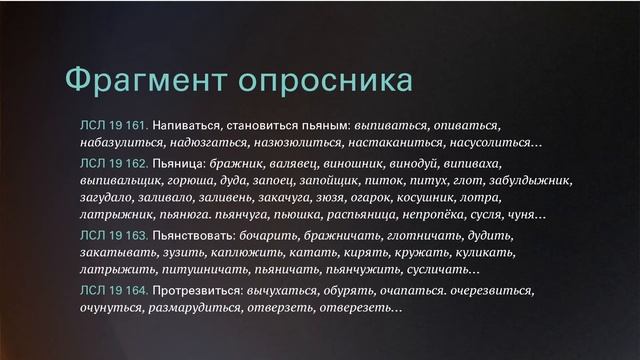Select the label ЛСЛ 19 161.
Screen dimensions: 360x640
[114, 127]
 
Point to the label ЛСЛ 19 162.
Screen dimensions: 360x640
[114, 163]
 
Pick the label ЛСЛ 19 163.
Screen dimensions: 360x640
[114, 235]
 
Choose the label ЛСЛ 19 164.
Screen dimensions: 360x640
[114, 290]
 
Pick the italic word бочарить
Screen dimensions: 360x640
[284, 235]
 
